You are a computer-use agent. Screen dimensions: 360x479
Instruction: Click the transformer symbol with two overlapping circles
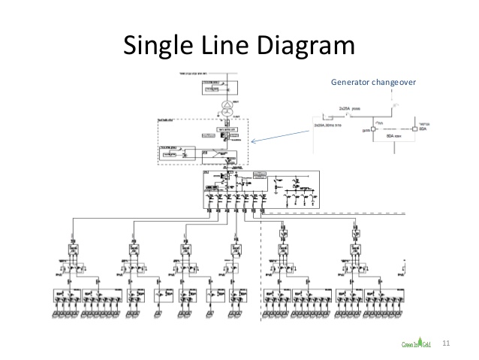click(x=226, y=104)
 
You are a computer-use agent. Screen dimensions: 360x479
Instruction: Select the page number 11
click(x=447, y=343)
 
